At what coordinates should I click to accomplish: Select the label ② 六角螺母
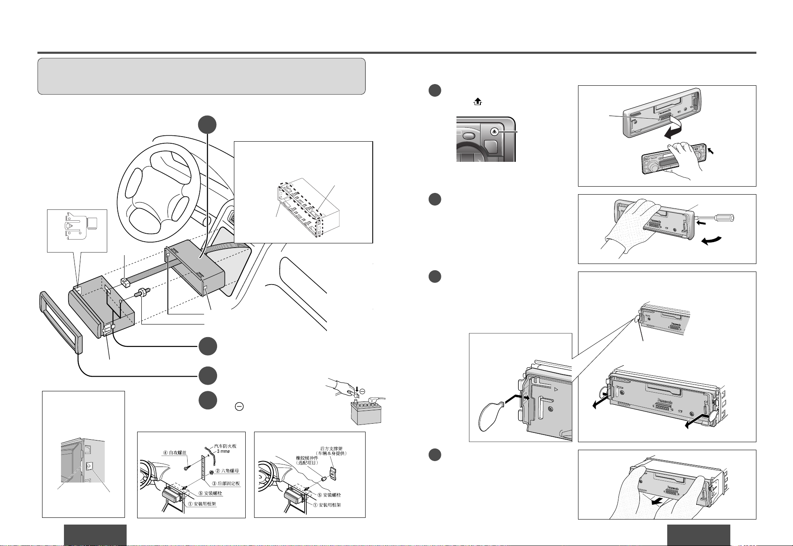(227, 471)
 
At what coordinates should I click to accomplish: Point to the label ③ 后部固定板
(225, 483)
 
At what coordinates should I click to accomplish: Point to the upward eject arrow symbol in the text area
(477, 102)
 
